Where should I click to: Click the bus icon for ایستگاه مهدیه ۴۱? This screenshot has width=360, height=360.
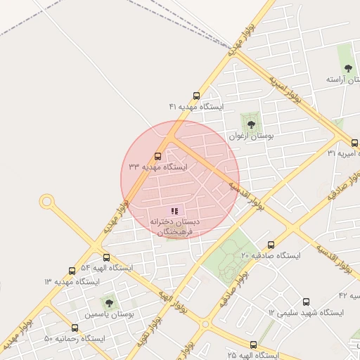[196, 96]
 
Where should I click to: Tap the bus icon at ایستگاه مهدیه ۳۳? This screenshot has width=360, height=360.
[157, 156]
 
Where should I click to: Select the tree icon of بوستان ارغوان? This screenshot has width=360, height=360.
[251, 124]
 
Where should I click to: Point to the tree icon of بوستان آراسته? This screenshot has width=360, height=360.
[348, 68]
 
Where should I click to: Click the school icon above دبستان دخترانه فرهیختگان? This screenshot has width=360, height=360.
[174, 210]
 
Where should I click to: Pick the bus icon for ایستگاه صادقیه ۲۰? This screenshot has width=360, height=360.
[271, 245]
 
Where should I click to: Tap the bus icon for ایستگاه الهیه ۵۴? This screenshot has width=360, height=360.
[106, 257]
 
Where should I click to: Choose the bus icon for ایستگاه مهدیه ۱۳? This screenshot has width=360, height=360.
[72, 271]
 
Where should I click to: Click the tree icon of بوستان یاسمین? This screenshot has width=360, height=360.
[109, 303]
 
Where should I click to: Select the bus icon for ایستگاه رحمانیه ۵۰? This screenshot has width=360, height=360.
[75, 328]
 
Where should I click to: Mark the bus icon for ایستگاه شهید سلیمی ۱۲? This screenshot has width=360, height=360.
[306, 302]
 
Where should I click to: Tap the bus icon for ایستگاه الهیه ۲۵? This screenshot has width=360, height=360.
[253, 345]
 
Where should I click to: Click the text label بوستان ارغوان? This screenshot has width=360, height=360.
[251, 136]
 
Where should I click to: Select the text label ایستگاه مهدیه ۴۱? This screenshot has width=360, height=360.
[195, 107]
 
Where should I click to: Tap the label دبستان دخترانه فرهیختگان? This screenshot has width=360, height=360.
[174, 226]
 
